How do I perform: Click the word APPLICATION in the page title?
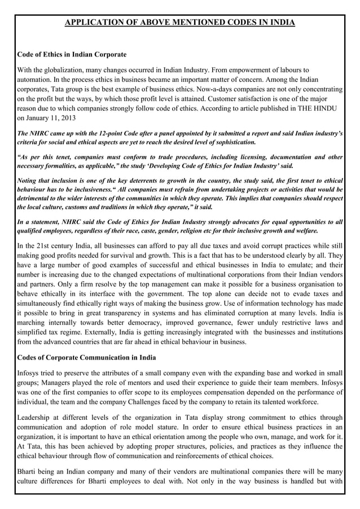[94, 23]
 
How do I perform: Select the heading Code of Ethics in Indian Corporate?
[72, 55]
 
